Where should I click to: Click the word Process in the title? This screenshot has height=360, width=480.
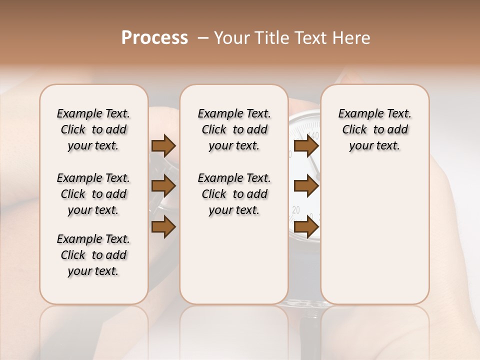[154, 38]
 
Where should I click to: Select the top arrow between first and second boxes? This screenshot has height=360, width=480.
[163, 145]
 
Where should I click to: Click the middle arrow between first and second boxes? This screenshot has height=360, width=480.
[163, 186]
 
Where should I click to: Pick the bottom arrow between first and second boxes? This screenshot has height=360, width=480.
[163, 227]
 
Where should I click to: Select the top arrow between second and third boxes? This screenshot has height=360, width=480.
[306, 145]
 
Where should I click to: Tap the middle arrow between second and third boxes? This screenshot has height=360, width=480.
[306, 186]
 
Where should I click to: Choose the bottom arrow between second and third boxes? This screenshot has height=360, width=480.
[306, 227]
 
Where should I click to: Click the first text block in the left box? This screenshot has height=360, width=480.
[93, 129]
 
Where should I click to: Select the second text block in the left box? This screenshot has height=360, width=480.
[93, 194]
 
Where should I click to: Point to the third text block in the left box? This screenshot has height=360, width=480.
[93, 255]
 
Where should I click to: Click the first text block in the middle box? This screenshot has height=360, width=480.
[234, 129]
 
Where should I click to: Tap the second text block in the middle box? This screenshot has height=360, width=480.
[234, 194]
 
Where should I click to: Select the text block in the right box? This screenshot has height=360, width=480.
[374, 129]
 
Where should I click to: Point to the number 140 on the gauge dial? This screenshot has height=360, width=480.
[313, 135]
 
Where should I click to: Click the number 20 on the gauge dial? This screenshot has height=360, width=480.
[296, 210]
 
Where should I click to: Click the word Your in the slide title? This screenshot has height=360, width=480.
[231, 38]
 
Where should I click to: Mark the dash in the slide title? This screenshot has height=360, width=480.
[203, 38]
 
